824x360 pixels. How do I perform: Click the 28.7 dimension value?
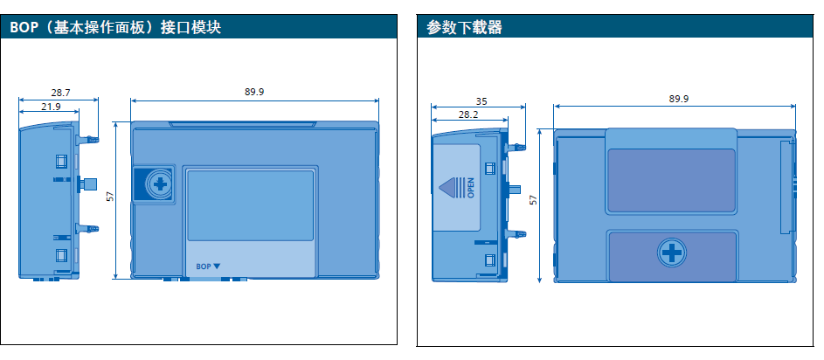(60, 92)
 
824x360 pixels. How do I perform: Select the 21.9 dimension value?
(51, 106)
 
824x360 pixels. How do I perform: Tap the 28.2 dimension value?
(468, 114)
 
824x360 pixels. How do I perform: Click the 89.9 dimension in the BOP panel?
(255, 92)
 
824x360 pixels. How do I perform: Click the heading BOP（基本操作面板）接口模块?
(115, 28)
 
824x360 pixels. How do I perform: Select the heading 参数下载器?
(465, 28)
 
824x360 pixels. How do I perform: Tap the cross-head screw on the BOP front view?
(159, 184)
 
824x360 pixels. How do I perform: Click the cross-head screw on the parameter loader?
(671, 253)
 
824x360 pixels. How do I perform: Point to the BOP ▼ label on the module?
(208, 266)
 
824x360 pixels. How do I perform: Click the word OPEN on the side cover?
(471, 188)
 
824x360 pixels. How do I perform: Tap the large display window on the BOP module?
(250, 204)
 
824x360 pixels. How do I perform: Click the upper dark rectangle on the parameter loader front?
(671, 180)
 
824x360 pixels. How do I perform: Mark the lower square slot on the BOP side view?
(61, 255)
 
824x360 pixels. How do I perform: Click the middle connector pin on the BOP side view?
(87, 183)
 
